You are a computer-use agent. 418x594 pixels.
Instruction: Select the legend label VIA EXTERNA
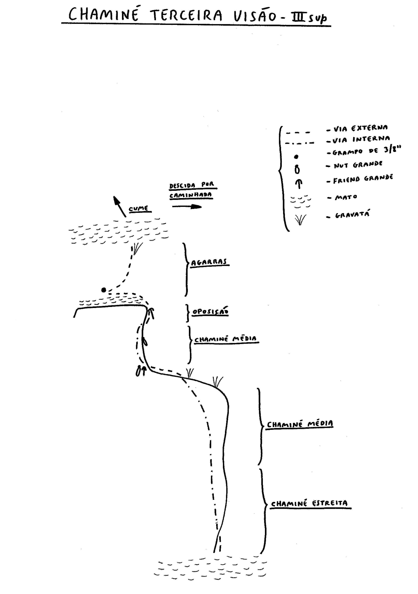coord(361,128)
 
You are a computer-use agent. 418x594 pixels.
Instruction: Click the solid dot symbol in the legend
coord(297,157)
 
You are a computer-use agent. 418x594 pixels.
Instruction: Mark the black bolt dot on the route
coord(104,290)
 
